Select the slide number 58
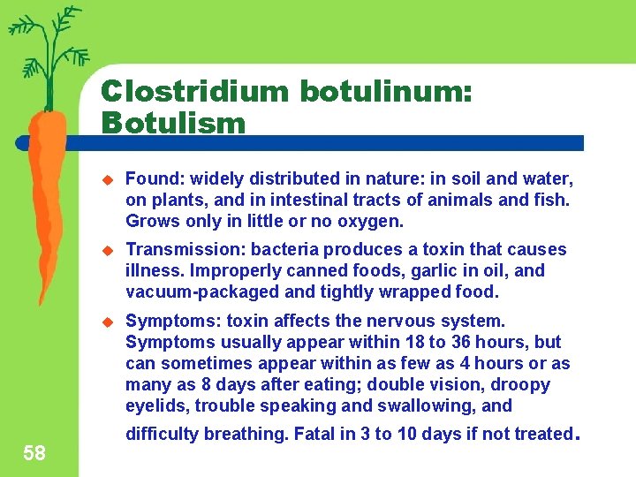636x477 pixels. pyautogui.click(x=34, y=453)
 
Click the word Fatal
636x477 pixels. pyautogui.click(x=316, y=434)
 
